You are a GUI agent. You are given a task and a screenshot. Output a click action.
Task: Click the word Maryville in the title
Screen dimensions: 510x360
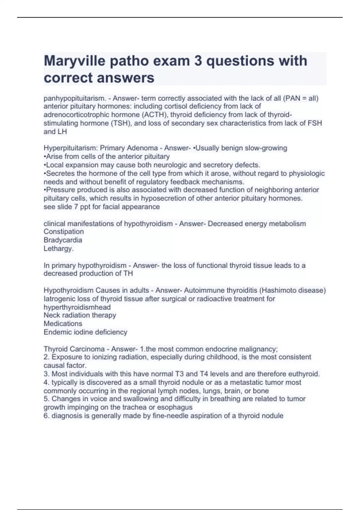click(74, 61)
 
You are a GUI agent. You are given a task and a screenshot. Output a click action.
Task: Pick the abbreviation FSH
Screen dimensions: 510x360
click(315, 123)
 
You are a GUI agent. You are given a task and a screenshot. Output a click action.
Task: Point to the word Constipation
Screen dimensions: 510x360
click(64, 232)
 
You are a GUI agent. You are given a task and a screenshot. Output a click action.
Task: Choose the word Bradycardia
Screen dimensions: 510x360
click(63, 240)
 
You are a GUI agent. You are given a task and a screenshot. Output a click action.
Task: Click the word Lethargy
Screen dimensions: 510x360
click(58, 248)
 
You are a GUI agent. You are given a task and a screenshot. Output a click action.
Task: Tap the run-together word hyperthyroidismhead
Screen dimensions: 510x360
click(77, 307)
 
